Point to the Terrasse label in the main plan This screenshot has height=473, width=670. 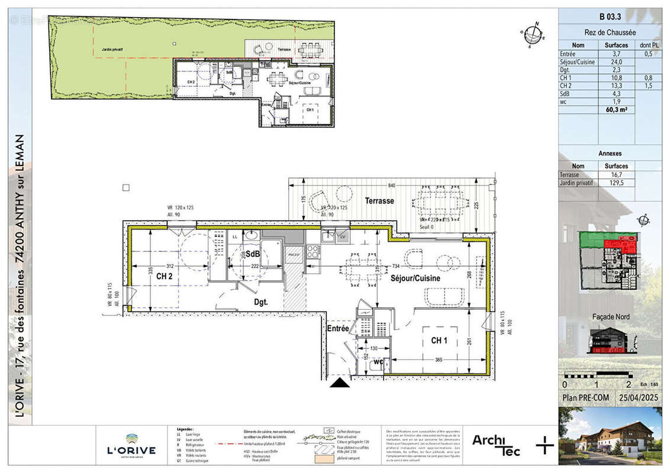coord(379,201)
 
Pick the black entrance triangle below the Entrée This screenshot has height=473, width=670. coord(340,384)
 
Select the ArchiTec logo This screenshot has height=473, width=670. coord(496,445)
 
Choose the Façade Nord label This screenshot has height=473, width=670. coord(611,317)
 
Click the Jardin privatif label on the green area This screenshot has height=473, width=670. coord(112,50)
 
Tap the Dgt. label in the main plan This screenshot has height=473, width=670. coord(262,302)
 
